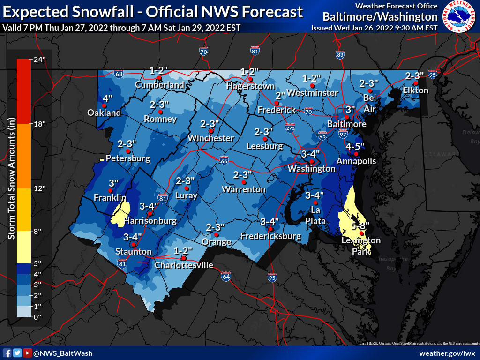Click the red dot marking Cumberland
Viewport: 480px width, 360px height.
point(159,78)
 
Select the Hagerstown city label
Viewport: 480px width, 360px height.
point(250,86)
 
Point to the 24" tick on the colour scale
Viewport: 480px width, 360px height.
point(37,59)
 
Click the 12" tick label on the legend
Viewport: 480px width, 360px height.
point(37,188)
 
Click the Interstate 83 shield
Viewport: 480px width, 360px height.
point(339,54)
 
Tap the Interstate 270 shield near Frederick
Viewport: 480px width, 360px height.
point(291,127)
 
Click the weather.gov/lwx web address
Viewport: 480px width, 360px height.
point(447,353)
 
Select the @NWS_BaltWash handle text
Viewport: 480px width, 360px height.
point(63,353)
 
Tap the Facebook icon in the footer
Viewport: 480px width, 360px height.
point(7,353)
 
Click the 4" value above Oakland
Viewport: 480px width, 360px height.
point(107,98)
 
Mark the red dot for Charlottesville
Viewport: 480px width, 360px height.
point(184,258)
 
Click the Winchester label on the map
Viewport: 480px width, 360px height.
point(210,138)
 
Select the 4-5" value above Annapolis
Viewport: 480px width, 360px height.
point(356,146)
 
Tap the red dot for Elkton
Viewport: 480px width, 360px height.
point(415,83)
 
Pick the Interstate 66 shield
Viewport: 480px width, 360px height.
point(225,160)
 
